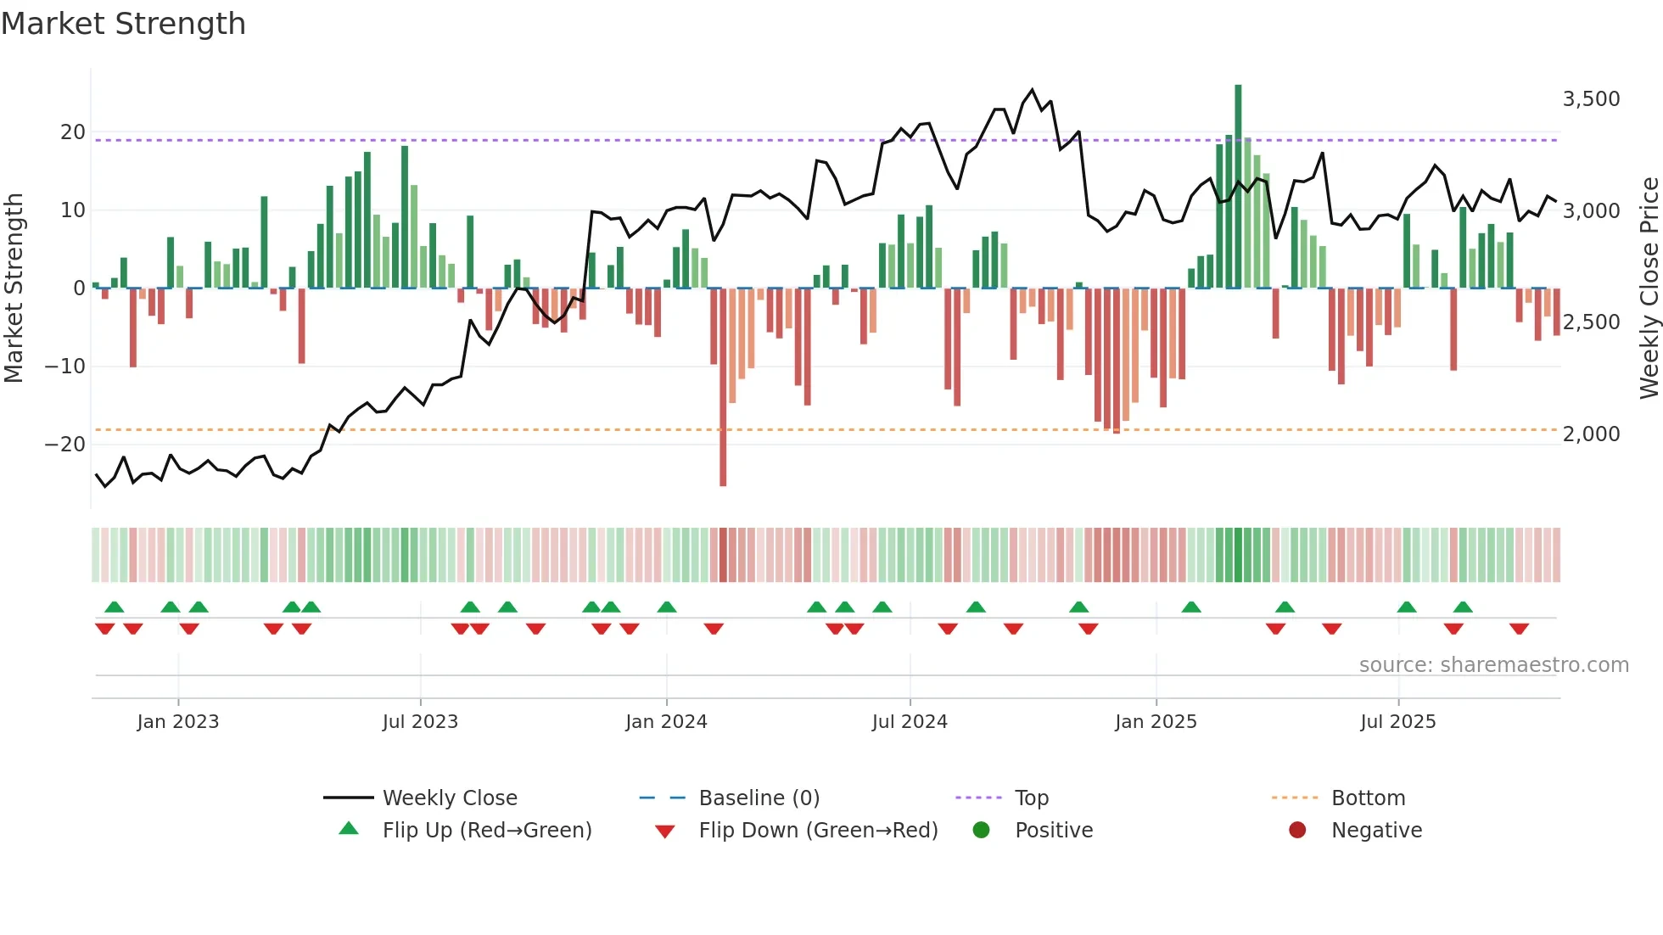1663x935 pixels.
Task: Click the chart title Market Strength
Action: pyautogui.click(x=123, y=24)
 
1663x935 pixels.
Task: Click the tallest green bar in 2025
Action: pyautogui.click(x=1238, y=187)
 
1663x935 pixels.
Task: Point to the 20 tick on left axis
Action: pyautogui.click(x=72, y=132)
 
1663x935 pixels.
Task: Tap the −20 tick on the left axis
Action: pyautogui.click(x=65, y=445)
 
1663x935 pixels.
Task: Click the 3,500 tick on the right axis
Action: pyautogui.click(x=1591, y=99)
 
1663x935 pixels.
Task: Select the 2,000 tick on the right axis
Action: pyautogui.click(x=1591, y=434)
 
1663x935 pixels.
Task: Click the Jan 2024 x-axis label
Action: pyautogui.click(x=666, y=722)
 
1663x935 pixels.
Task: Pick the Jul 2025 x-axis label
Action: pyautogui.click(x=1397, y=722)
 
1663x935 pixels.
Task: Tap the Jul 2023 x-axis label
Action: pyautogui.click(x=420, y=722)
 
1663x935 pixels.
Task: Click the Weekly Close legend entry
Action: pyautogui.click(x=449, y=798)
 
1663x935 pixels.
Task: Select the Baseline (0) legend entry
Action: pyautogui.click(x=759, y=798)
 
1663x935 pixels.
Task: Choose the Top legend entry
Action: pyautogui.click(x=1031, y=798)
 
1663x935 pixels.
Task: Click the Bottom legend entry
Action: pyautogui.click(x=1368, y=798)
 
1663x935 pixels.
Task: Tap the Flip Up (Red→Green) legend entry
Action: pyautogui.click(x=486, y=831)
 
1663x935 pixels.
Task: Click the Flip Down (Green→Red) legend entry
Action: pyautogui.click(x=818, y=831)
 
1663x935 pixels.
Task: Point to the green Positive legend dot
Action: pyautogui.click(x=982, y=831)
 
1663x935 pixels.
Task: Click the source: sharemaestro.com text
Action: pyautogui.click(x=1493, y=665)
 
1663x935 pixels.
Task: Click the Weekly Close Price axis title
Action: pyautogui.click(x=1649, y=288)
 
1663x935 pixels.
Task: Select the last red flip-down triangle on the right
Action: pyautogui.click(x=1519, y=629)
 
